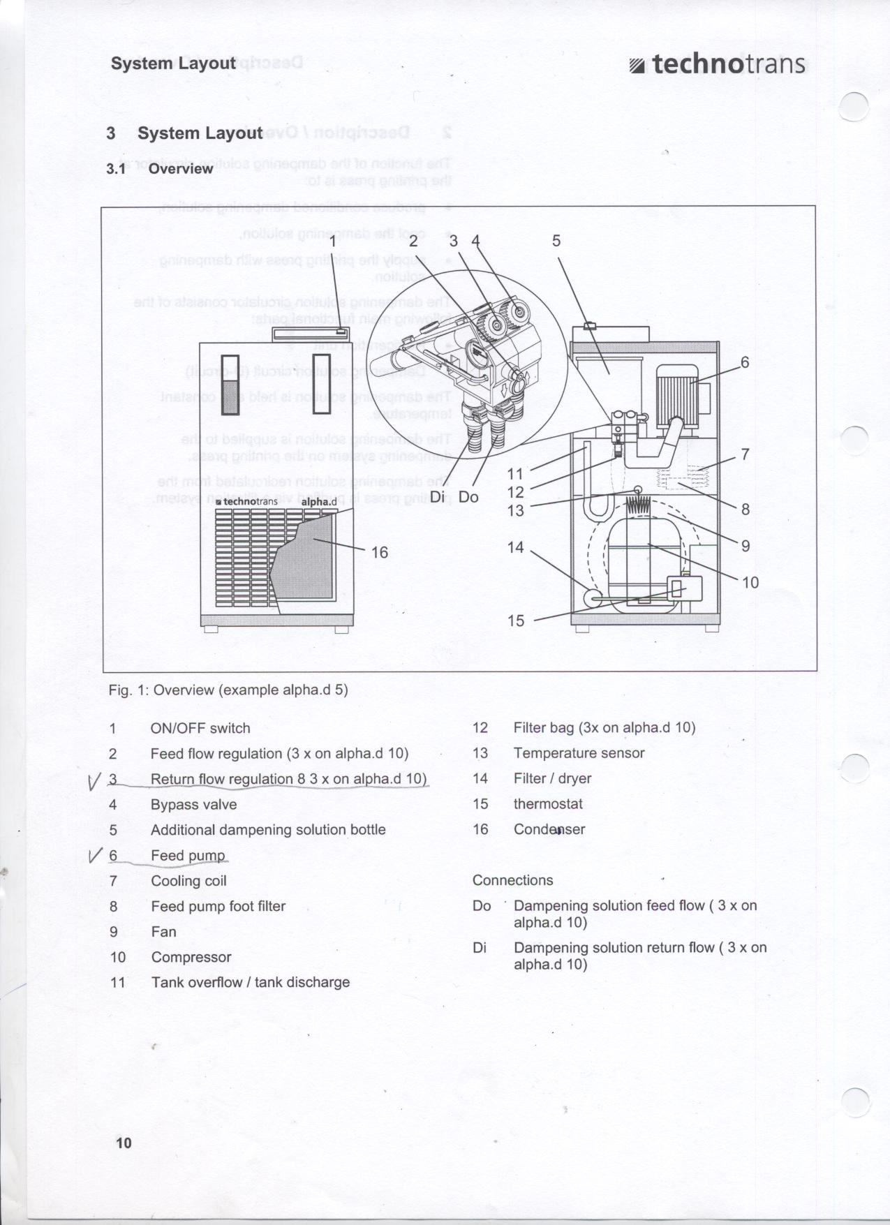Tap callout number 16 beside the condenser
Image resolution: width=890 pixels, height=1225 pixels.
[x=379, y=553]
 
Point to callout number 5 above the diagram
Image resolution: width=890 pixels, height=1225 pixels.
[x=556, y=241]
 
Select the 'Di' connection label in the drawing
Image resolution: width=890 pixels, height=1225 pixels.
[x=438, y=497]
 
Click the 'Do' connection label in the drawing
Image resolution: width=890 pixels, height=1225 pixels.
[x=468, y=497]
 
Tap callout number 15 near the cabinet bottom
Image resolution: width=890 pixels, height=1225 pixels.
[x=516, y=621]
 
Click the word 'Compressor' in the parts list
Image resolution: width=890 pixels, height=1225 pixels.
[x=191, y=957]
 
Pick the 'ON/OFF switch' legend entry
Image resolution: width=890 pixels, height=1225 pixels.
[x=200, y=728]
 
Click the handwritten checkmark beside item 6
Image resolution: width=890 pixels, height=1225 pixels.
[x=96, y=855]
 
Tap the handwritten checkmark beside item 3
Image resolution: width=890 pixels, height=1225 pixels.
[x=96, y=781]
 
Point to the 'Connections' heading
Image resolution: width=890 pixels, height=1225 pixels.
[x=512, y=880]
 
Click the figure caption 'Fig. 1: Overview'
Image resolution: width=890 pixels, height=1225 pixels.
[x=228, y=690]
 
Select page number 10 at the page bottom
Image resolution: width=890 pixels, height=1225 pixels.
[x=124, y=1143]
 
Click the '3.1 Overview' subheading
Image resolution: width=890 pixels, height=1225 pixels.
[x=160, y=169]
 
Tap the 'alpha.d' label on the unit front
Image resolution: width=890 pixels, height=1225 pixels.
[x=319, y=502]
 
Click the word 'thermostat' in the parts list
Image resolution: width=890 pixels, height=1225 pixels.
[x=548, y=804]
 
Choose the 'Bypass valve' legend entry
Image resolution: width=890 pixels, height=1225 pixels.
[x=193, y=804]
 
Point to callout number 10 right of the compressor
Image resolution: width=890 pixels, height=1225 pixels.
[x=750, y=582]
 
